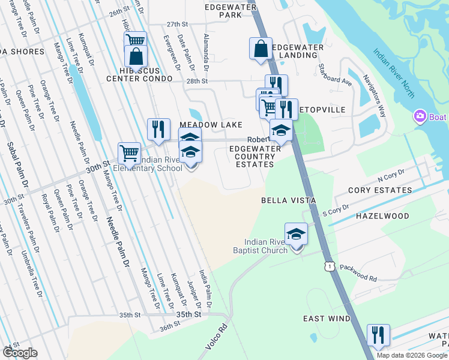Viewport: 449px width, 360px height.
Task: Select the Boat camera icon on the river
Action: (x=420, y=116)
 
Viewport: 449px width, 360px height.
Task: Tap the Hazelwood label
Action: (x=382, y=215)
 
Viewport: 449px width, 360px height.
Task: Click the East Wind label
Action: (x=326, y=319)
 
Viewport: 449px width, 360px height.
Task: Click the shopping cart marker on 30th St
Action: (x=129, y=153)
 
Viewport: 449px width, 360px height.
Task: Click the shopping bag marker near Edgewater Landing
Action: (x=261, y=49)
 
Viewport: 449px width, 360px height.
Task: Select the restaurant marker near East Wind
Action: (x=378, y=334)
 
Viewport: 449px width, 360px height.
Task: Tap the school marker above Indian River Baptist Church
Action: (x=296, y=234)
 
